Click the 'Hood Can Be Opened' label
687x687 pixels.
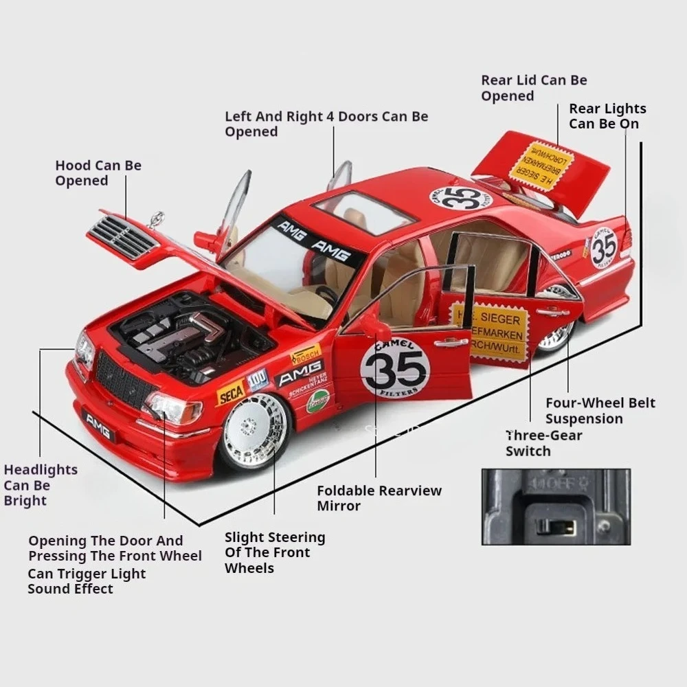coord(98,173)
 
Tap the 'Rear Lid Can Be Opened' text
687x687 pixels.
coord(534,88)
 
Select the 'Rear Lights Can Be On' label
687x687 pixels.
coord(607,116)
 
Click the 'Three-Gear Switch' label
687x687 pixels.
coord(543,443)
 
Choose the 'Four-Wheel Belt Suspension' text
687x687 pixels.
coord(600,411)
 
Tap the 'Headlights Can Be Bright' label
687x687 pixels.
coord(41,485)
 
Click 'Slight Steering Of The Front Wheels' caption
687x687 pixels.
coord(275,552)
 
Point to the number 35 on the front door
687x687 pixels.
coord(395,369)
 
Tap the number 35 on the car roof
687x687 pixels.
coord(461,198)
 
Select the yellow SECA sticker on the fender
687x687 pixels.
coord(231,393)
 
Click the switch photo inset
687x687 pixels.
coord(555,506)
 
